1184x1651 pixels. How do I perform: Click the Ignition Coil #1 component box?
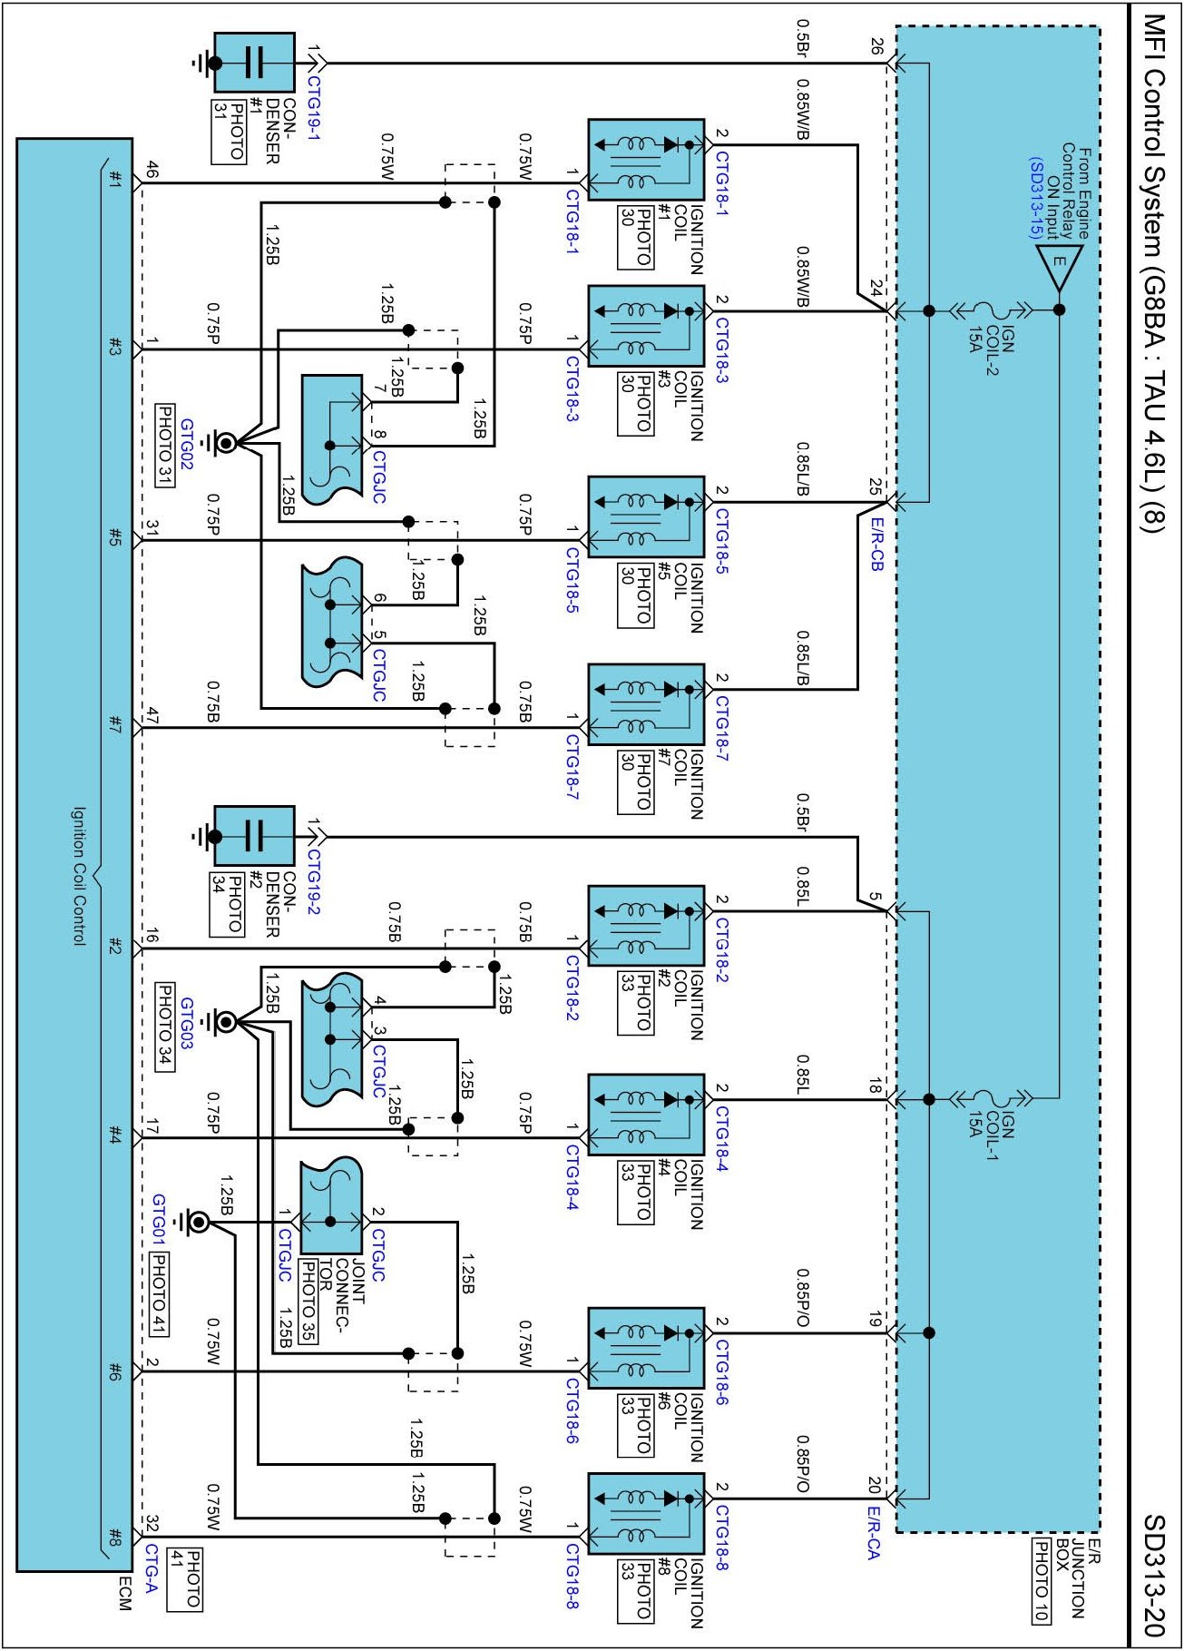pos(646,160)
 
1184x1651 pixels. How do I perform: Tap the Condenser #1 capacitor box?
pos(254,63)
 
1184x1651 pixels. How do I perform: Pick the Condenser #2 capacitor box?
pos(254,835)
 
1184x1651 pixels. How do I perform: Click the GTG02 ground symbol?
pos(223,443)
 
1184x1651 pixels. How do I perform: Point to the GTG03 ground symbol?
pos(223,1023)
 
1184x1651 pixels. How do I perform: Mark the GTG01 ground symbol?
pos(197,1223)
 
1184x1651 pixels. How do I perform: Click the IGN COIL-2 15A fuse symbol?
pos(991,310)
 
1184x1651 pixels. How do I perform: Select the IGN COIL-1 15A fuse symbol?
pos(991,1099)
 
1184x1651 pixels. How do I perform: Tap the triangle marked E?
pos(1059,264)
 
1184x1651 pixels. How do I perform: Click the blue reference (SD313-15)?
pos(1035,198)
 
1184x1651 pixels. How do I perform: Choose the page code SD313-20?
pos(1153,1575)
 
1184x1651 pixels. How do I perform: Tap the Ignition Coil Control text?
pos(79,876)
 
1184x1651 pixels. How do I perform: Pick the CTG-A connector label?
pos(152,1568)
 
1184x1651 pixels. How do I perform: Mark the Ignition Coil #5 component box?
pos(646,516)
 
